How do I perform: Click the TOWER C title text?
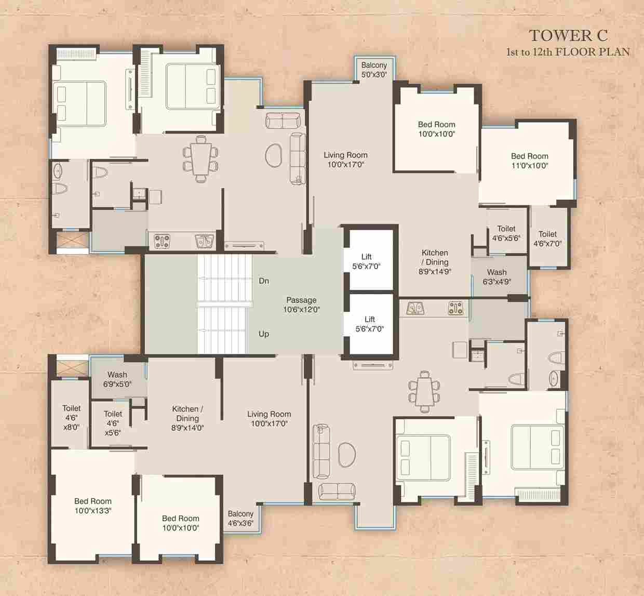[568, 36]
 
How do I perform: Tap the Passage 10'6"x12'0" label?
[302, 304]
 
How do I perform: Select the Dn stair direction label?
[264, 281]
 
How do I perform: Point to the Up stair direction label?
[264, 334]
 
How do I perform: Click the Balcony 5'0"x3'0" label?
[374, 70]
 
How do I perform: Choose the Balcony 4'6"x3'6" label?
[240, 519]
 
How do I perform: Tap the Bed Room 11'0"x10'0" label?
[530, 161]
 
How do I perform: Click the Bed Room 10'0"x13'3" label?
[93, 506]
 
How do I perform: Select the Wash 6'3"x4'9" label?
[497, 277]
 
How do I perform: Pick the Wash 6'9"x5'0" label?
[117, 379]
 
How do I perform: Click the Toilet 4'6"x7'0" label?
[548, 239]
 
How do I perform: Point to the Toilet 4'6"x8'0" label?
[71, 418]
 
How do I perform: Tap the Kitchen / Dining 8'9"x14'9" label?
[435, 262]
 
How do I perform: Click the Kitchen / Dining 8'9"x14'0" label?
[187, 418]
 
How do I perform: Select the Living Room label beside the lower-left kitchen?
[269, 418]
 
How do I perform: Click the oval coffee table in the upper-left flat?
[273, 155]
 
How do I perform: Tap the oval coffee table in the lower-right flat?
[347, 455]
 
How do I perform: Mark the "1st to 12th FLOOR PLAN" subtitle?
[568, 52]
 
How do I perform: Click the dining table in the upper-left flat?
[200, 159]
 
